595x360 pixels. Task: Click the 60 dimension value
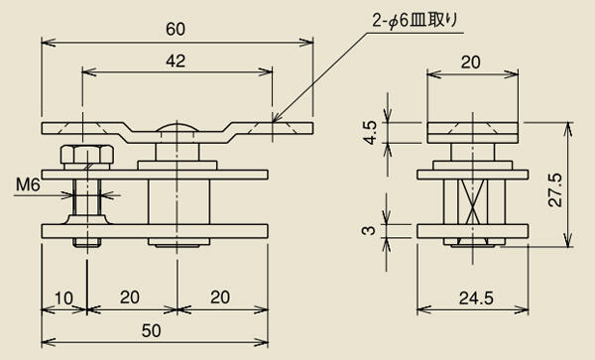[x=176, y=30]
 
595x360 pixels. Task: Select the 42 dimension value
[x=176, y=61]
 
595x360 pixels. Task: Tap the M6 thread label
[x=28, y=184]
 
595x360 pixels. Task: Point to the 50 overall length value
[x=151, y=331]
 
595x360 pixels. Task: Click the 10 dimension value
[x=63, y=299]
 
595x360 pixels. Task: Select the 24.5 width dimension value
[x=477, y=299]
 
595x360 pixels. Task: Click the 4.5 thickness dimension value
[x=370, y=132]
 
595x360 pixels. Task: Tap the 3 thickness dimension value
[x=369, y=230]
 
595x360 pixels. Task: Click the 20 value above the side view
[x=470, y=62]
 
